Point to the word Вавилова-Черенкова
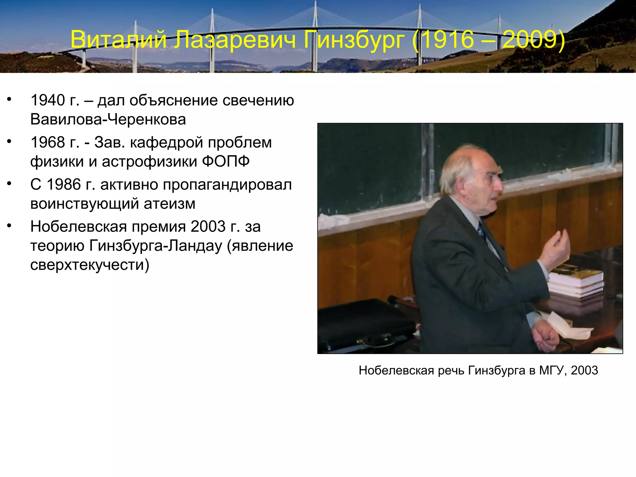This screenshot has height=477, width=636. (x=108, y=120)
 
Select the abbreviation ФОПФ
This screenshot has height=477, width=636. (x=226, y=161)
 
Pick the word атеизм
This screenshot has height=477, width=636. (x=170, y=204)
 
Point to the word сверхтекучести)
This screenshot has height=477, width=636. (x=90, y=265)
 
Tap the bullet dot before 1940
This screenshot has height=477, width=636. (x=9, y=99)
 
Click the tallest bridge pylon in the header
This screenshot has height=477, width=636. (x=315, y=34)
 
